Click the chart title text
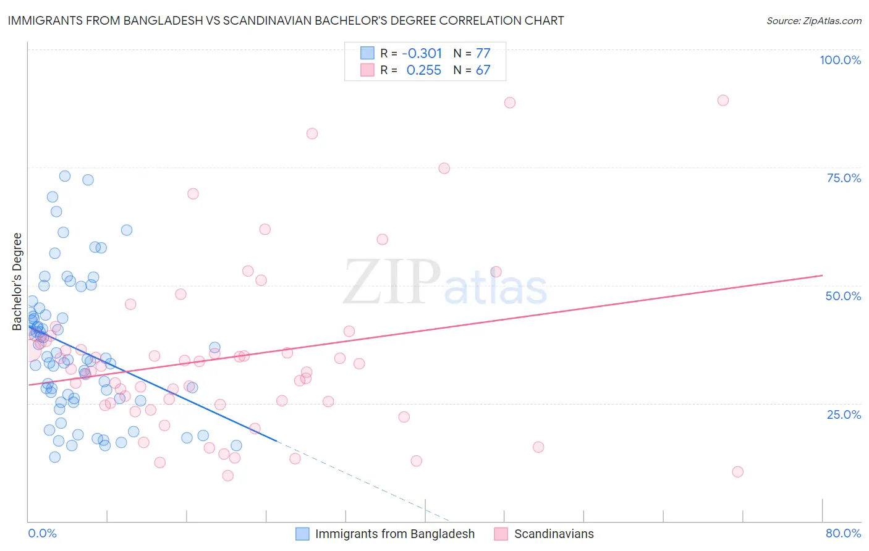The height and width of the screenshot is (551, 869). coord(286,20)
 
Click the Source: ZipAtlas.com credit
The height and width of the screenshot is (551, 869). coord(813,20)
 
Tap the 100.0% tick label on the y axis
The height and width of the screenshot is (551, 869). coord(840,60)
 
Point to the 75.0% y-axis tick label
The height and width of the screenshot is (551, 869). coord(844,178)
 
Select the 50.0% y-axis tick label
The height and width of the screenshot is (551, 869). coord(843,296)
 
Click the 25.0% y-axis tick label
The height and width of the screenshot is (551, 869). coord(844,414)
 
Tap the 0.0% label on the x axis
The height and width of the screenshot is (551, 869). coord(42,533)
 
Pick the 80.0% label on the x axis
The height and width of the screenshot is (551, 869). coord(843,533)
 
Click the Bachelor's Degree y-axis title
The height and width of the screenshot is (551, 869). coord(17,282)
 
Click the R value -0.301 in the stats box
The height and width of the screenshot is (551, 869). coord(422,54)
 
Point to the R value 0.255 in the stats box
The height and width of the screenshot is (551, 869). coord(423,70)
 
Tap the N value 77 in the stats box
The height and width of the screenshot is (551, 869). coord(483,54)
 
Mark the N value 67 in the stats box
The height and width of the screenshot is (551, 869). coord(483,70)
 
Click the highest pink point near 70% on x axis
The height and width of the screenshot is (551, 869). coord(723,100)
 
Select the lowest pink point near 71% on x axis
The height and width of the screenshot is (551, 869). coord(737,471)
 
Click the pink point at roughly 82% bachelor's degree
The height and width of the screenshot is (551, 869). coord(312,133)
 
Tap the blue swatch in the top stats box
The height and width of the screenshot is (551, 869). coord(367,53)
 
